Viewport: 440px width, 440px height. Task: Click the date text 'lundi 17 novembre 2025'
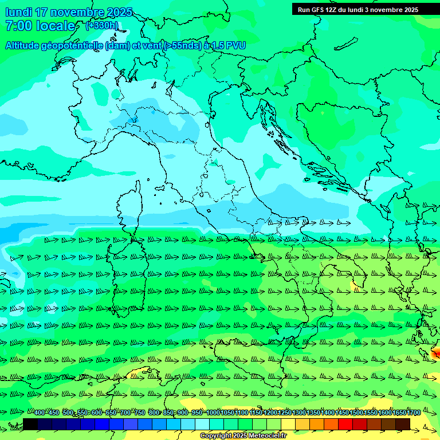coord(69,12)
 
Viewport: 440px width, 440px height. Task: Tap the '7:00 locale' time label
coord(40,26)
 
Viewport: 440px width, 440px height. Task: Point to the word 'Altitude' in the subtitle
coord(26,46)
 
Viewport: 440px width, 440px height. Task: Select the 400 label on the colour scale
coord(40,413)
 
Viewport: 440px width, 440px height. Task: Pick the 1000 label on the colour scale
coord(213,413)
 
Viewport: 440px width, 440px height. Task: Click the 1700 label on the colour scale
coord(414,413)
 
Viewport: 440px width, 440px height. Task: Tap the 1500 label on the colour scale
coord(356,413)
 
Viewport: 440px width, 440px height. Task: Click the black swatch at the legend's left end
coord(30,423)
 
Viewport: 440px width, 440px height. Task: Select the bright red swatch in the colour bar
coord(345,423)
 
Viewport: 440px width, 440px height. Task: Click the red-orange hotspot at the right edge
coord(436,351)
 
